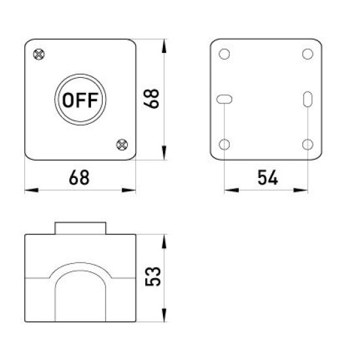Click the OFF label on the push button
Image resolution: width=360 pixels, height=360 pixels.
click(x=81, y=100)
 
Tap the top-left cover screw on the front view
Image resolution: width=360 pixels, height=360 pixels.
click(x=39, y=54)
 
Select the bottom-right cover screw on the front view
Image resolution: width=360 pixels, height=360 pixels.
click(x=122, y=145)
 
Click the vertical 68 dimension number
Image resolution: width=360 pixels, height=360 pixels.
click(x=151, y=99)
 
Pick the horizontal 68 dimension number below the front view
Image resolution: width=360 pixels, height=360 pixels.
click(x=79, y=177)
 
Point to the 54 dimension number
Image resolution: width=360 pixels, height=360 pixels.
click(x=268, y=177)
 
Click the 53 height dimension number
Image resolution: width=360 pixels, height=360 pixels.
click(x=153, y=277)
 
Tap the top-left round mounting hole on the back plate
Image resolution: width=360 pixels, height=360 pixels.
click(x=225, y=54)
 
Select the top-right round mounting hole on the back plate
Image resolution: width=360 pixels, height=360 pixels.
click(x=308, y=54)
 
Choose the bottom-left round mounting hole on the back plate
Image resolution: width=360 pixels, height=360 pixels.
click(x=225, y=145)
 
